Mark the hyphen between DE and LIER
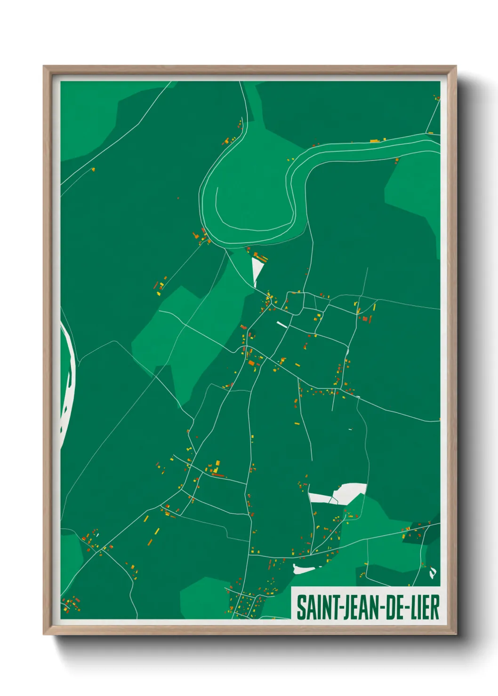click(x=408, y=608)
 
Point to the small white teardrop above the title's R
click(x=433, y=573)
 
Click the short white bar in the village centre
click(x=281, y=324)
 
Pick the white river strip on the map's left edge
click(x=67, y=376)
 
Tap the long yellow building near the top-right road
click(x=375, y=141)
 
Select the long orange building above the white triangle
click(x=261, y=257)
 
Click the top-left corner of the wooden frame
click(x=44, y=67)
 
